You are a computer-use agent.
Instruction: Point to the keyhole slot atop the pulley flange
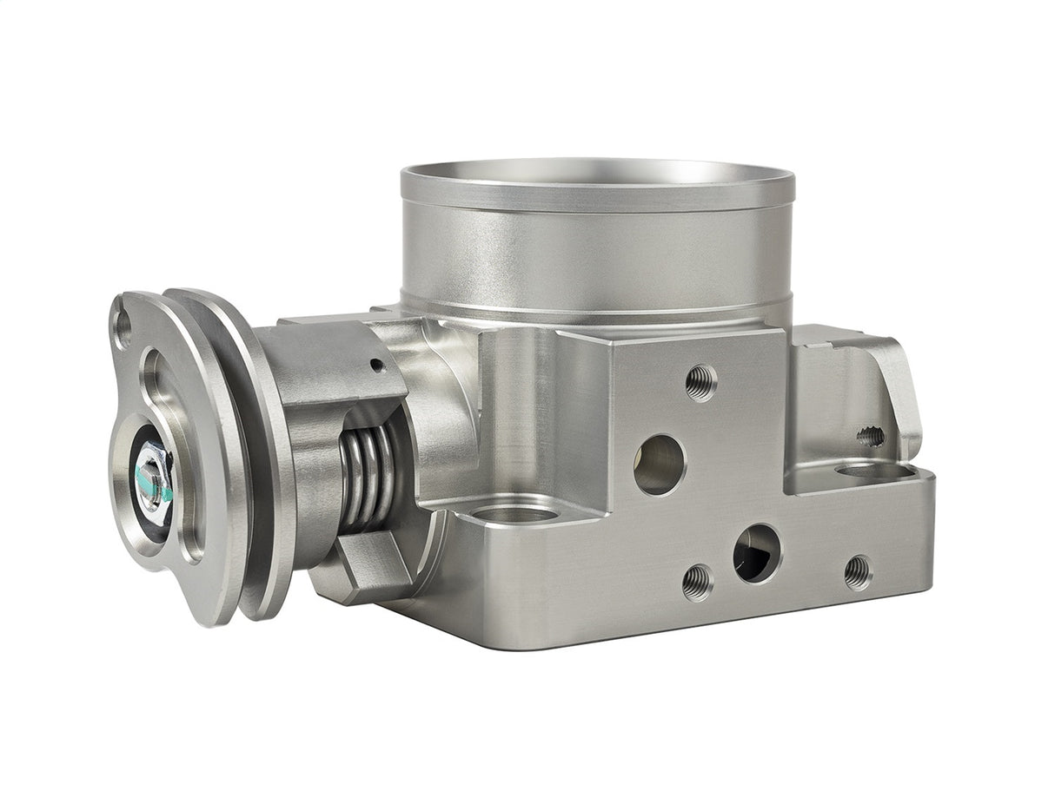coord(123,327)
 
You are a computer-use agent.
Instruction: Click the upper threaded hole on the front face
coord(700,382)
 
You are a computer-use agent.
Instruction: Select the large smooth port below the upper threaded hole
coord(660,464)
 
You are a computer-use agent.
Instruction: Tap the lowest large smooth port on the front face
coord(756,553)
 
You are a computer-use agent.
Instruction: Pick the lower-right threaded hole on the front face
coord(858,571)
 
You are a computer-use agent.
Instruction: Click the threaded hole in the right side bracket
coord(872,436)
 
